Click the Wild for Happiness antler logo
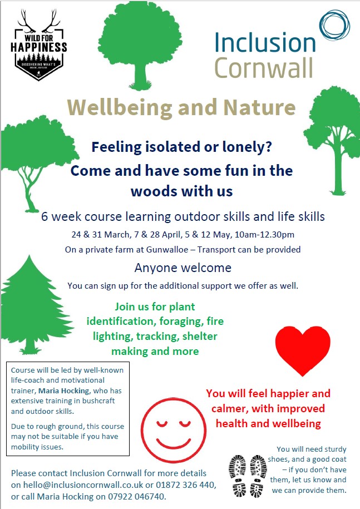pyautogui.click(x=38, y=45)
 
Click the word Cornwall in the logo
pyautogui.click(x=263, y=68)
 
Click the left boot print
pyautogui.click(x=238, y=476)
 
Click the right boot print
pyautogui.click(x=258, y=476)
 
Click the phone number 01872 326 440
pyautogui.click(x=185, y=485)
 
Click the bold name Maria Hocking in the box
pyautogui.click(x=63, y=391)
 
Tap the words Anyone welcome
pyautogui.click(x=183, y=268)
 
